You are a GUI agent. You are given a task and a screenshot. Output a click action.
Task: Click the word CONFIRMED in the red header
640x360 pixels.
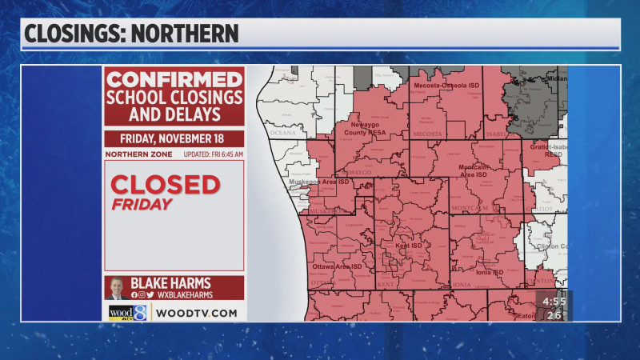[174, 80]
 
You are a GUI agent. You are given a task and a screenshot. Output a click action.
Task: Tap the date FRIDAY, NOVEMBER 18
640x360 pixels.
[174, 138]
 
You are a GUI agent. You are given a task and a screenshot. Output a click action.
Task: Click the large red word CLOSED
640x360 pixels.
[165, 185]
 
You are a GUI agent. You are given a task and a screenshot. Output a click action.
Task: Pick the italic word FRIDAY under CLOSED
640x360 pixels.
[142, 204]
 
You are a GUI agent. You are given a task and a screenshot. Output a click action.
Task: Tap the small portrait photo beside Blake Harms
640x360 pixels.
[117, 288]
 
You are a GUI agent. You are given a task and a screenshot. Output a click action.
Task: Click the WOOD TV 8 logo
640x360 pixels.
[128, 313]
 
